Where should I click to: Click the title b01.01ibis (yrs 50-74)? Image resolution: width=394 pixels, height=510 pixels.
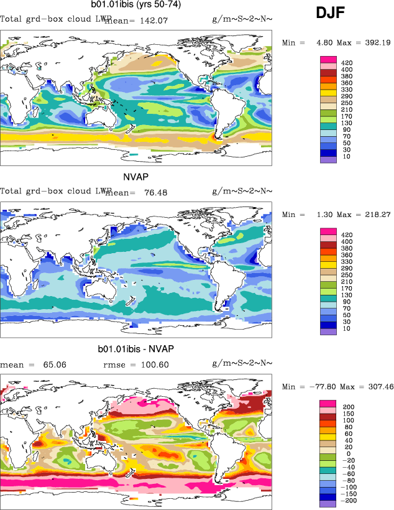(134, 6)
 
